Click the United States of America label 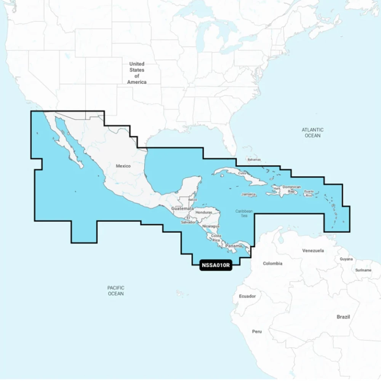point(137,73)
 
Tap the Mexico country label point(123,166)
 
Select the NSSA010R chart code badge point(216,265)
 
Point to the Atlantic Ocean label point(312,133)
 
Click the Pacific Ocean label point(116,291)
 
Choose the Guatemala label point(182,209)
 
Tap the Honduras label point(203,212)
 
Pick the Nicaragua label point(211,226)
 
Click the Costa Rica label point(216,238)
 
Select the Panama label point(234,246)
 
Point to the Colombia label point(272,263)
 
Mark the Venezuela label point(313,251)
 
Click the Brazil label point(343,317)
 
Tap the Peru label point(257,331)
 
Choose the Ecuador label point(247,296)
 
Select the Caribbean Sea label point(244,213)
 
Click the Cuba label point(241,173)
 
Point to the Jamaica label point(248,194)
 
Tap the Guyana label point(346,259)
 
